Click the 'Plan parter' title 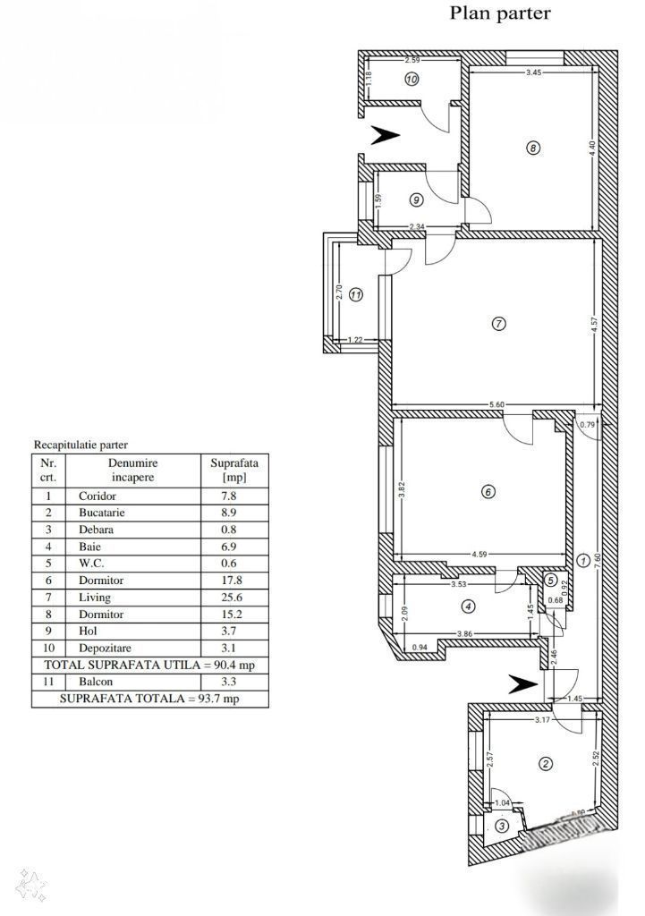[500, 13]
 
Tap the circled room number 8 [533, 148]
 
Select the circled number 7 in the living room [499, 323]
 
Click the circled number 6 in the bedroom [488, 491]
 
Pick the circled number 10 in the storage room [412, 79]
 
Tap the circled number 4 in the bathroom [468, 606]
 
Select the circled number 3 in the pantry [502, 827]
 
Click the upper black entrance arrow [386, 135]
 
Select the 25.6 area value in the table [234, 598]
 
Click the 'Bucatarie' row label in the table [102, 513]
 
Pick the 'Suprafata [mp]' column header [234, 470]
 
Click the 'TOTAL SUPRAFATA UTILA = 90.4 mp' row [149, 666]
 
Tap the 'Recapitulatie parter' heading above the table [81, 445]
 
